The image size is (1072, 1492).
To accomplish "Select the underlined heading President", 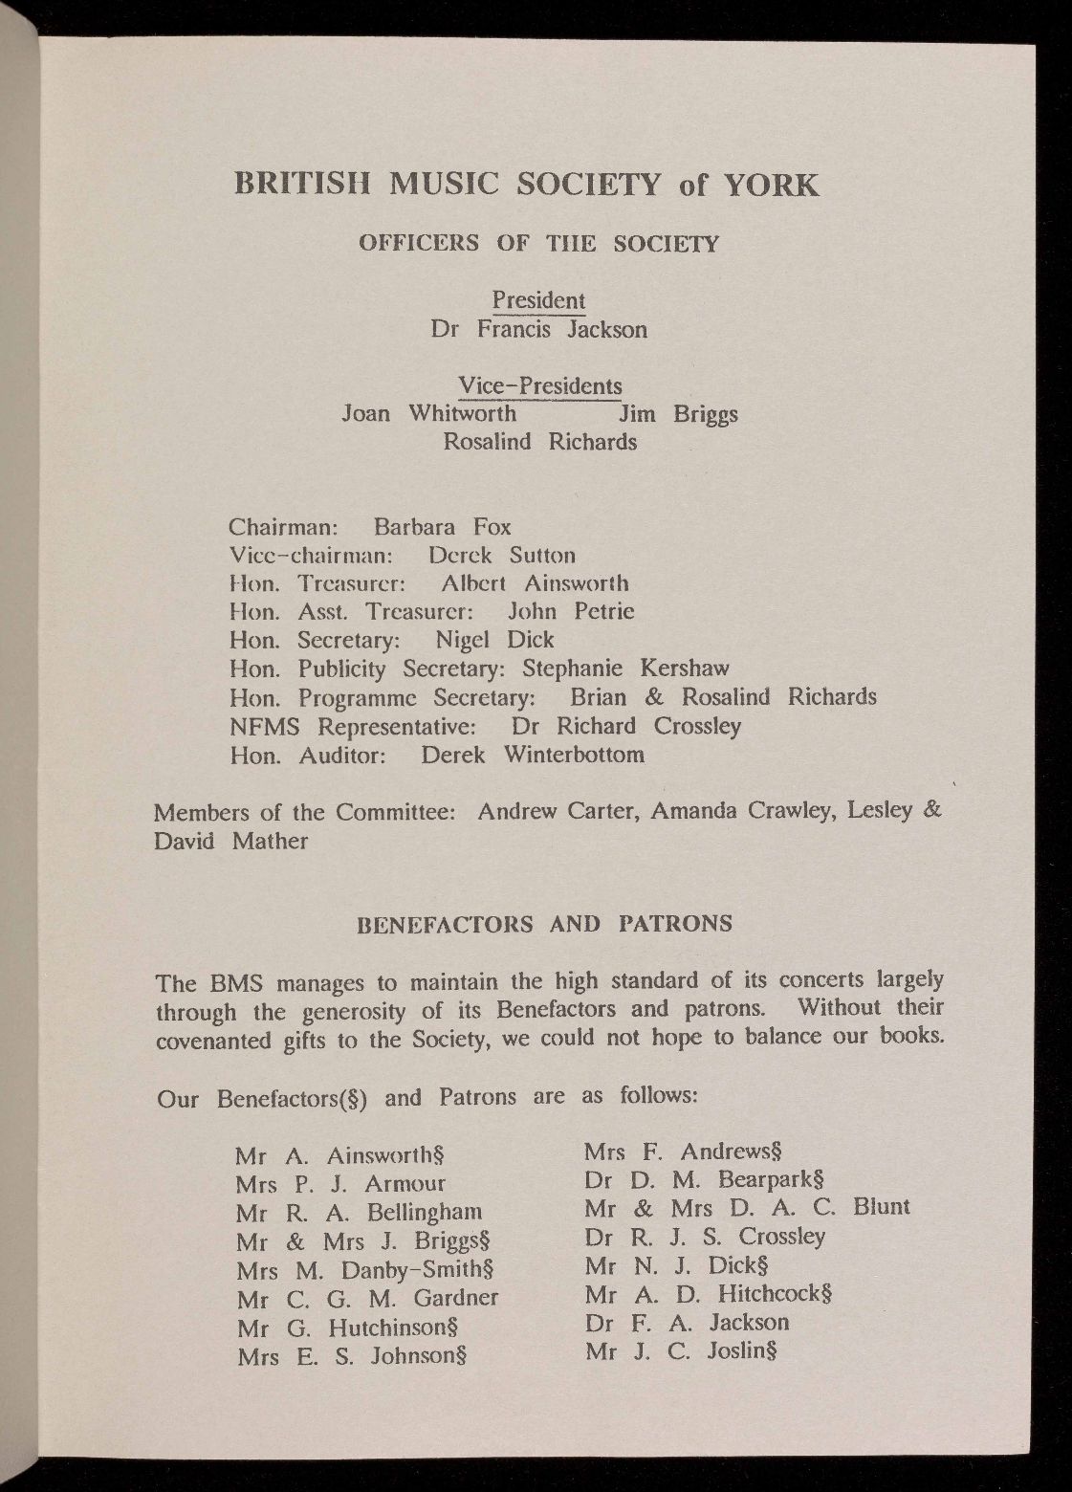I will [x=538, y=300].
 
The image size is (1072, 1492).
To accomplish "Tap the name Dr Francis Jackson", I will [x=538, y=330].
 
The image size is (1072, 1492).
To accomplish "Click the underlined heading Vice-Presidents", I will [x=540, y=386].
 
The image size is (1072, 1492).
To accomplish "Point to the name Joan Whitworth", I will [x=429, y=414].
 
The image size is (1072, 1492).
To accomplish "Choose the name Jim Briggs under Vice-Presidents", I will [x=678, y=415].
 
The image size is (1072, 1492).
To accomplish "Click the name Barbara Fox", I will [x=442, y=527].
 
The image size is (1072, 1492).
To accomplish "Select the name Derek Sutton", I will [x=501, y=556].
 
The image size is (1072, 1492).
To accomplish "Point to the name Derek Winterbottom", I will [x=533, y=755].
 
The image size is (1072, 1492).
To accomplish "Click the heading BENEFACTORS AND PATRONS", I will [x=544, y=924].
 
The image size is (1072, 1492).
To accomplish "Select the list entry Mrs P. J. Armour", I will [x=340, y=1183].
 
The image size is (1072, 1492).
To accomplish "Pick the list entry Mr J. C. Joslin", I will [x=680, y=1351].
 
